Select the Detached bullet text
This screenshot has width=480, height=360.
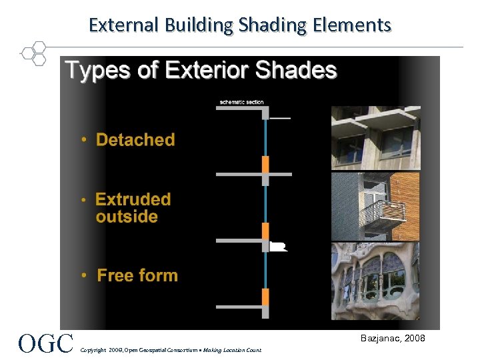tap(135, 140)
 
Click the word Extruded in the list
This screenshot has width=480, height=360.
tap(133, 199)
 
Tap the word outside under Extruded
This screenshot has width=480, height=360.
tap(127, 217)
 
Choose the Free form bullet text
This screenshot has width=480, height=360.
tap(137, 275)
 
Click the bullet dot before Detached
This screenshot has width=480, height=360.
tap(84, 141)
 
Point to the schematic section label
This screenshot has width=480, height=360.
tap(241, 102)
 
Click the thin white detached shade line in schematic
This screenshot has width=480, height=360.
tap(280, 118)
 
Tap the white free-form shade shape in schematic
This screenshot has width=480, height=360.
tap(279, 246)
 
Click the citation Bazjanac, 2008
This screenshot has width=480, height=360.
tap(392, 339)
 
